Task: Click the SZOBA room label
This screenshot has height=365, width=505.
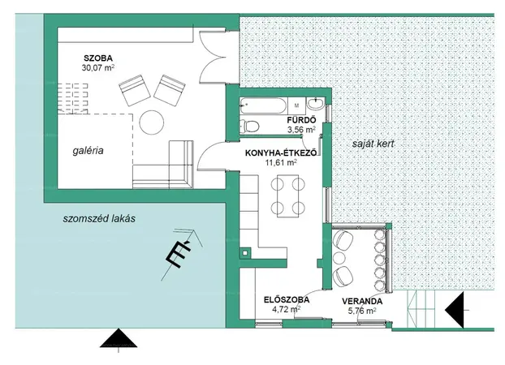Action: click(98, 58)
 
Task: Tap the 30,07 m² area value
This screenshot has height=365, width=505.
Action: click(98, 67)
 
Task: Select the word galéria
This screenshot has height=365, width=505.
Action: click(88, 151)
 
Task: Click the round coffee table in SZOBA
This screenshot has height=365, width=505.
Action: click(152, 122)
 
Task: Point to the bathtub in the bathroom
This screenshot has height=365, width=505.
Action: click(263, 105)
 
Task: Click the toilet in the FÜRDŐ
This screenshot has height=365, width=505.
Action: click(249, 126)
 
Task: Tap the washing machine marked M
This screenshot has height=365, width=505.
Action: click(296, 105)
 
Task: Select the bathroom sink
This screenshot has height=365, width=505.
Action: click(316, 104)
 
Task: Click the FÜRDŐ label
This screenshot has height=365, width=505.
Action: click(301, 120)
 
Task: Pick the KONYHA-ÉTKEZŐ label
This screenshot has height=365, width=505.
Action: click(281, 152)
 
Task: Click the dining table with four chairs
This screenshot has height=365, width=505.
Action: click(287, 196)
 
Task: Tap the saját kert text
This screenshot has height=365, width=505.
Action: click(373, 144)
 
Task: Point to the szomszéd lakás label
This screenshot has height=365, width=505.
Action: click(99, 218)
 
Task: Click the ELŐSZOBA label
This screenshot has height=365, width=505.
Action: click(287, 299)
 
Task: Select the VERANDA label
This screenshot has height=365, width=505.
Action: click(362, 301)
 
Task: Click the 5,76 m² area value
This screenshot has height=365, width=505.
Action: click(362, 311)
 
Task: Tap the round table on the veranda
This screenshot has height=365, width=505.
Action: click(339, 258)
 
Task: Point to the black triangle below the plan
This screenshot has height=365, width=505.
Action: click(119, 338)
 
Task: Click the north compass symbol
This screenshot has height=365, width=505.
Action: click(182, 253)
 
